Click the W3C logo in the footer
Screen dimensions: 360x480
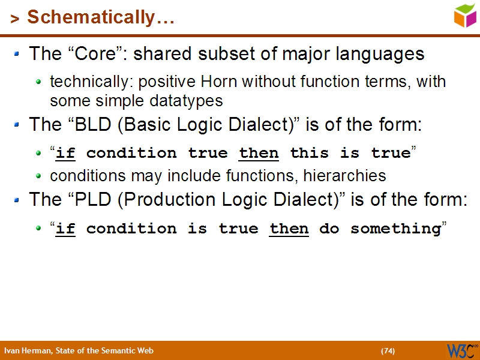pos(461,350)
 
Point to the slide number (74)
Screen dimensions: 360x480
pos(388,351)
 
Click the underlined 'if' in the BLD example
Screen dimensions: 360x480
pos(65,154)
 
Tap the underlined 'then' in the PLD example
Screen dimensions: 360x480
pos(289,229)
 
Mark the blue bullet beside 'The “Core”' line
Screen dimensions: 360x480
pos(17,55)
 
